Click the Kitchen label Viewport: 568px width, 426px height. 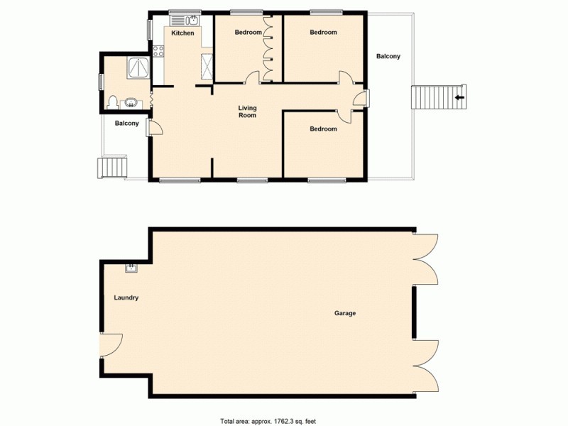182,33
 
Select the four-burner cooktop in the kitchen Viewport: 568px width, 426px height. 158,50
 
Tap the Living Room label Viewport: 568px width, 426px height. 247,111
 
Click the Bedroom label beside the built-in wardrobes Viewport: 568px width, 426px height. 248,33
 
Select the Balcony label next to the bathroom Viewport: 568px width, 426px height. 126,124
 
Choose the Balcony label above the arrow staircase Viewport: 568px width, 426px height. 388,57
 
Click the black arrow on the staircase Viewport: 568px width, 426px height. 459,97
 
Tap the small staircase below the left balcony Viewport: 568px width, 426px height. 111,168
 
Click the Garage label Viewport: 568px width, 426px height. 345,313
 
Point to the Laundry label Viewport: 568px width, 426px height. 126,298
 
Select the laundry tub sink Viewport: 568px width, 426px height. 131,268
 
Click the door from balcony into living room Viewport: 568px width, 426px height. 154,128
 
